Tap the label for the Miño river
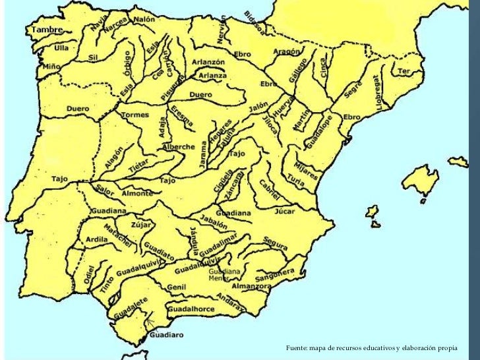52,67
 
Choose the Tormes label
136,115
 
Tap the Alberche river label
178,147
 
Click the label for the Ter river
404,71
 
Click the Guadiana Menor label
224,274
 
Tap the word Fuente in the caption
297,347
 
